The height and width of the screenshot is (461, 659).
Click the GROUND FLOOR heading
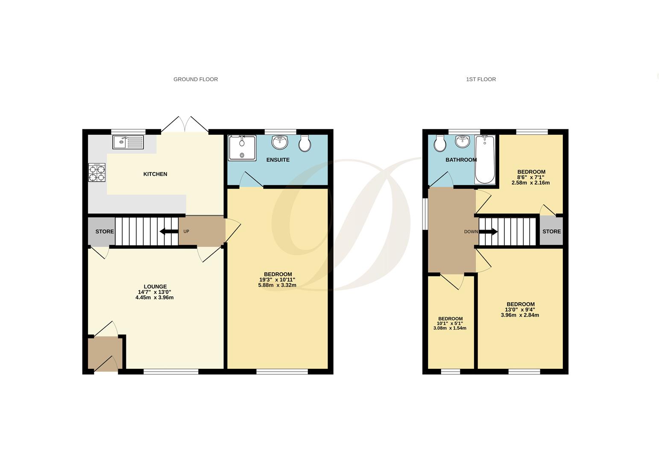click(x=196, y=79)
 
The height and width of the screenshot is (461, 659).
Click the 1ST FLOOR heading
click(x=481, y=79)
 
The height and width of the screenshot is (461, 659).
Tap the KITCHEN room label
click(x=155, y=174)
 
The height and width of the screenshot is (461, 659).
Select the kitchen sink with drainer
click(x=128, y=142)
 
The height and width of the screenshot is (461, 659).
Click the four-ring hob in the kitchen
click(x=97, y=172)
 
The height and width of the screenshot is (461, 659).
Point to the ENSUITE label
click(x=278, y=160)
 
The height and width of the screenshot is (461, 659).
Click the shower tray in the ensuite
click(x=242, y=148)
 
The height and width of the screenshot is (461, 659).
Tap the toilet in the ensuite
click(x=305, y=143)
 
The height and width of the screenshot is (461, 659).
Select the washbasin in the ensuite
click(x=280, y=142)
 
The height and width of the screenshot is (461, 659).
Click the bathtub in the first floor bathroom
click(x=485, y=159)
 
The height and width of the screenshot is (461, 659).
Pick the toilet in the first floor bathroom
click(x=439, y=143)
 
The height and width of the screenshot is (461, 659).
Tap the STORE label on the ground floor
click(x=105, y=232)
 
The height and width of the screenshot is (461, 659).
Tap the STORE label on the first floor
click(x=551, y=231)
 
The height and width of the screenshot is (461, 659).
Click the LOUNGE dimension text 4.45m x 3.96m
click(x=154, y=298)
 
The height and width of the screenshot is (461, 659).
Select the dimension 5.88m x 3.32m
click(x=277, y=285)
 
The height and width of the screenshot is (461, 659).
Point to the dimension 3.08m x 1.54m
click(x=450, y=328)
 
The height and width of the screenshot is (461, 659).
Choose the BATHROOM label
click(x=461, y=160)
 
